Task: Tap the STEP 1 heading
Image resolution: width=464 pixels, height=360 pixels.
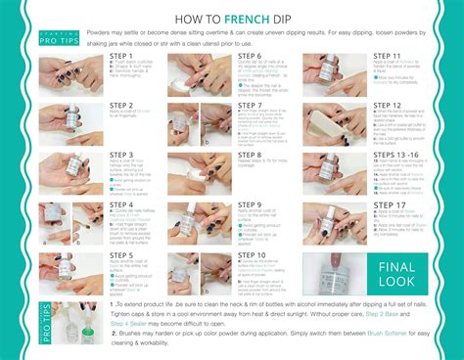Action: [123, 57]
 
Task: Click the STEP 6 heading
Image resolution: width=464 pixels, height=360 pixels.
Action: [251, 57]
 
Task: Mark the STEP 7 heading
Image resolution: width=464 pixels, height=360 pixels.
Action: [251, 105]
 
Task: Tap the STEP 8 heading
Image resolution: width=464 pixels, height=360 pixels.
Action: [251, 155]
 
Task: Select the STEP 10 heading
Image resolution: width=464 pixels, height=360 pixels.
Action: [253, 255]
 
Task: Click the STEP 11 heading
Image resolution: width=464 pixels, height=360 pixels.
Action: [382, 57]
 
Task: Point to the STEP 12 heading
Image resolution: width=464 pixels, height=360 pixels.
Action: [382, 105]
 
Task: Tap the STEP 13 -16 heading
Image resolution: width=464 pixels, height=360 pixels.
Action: [389, 155]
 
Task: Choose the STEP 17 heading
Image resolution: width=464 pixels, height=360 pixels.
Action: [382, 205]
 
